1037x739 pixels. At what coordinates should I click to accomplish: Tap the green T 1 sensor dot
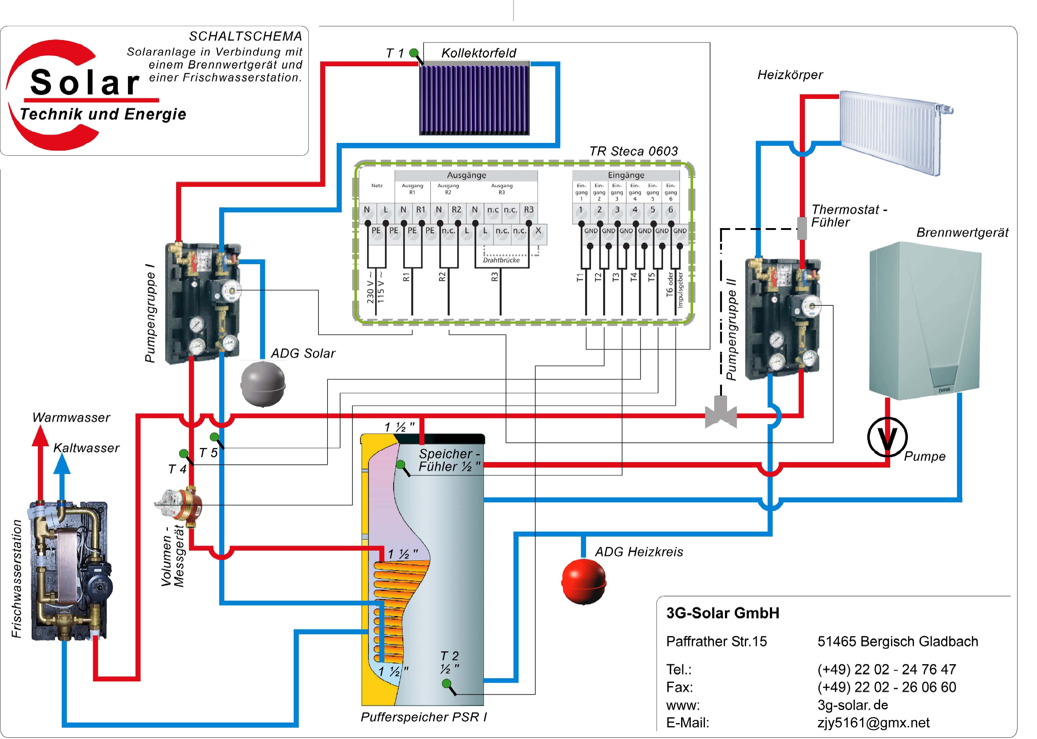pyautogui.click(x=413, y=53)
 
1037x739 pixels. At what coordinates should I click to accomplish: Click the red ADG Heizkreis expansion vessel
pyautogui.click(x=584, y=581)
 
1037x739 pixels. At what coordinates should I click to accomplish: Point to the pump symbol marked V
pyautogui.click(x=887, y=437)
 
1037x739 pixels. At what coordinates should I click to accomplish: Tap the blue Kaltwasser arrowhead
pyautogui.click(x=62, y=464)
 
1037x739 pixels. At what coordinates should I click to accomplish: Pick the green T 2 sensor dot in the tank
pyautogui.click(x=446, y=683)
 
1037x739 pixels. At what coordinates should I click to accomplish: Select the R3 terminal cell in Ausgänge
pyautogui.click(x=528, y=210)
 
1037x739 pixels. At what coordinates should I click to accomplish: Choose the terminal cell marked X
pyautogui.click(x=538, y=231)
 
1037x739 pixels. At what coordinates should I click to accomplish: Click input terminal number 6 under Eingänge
pyautogui.click(x=670, y=210)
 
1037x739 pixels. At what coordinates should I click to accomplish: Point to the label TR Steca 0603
pyautogui.click(x=633, y=151)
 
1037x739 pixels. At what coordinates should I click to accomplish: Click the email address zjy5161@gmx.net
pyautogui.click(x=873, y=723)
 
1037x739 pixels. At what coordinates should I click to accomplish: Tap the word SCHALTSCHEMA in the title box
pyautogui.click(x=246, y=36)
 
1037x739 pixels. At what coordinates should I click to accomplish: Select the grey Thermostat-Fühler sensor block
pyautogui.click(x=802, y=228)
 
